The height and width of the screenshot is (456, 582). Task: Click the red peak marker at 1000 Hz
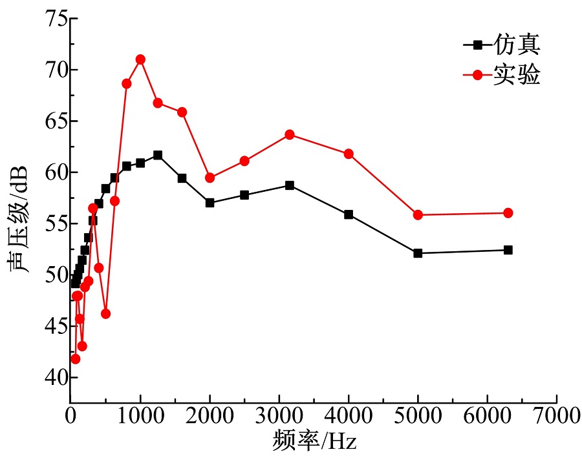140,59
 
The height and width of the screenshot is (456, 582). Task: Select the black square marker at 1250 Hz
158,155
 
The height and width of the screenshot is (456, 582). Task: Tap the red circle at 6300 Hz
508,213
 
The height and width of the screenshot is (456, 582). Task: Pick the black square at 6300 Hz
508,250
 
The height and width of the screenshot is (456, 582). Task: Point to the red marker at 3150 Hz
290,134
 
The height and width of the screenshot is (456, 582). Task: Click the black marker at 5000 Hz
418,253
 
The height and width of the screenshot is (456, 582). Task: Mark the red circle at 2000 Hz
210,178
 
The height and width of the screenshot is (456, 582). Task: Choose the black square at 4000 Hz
349,214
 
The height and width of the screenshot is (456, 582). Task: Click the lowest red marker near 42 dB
75,359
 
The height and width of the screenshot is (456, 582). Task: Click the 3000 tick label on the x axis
279,417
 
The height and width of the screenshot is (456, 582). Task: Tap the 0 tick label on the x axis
70,417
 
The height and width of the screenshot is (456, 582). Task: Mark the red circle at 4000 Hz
349,154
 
